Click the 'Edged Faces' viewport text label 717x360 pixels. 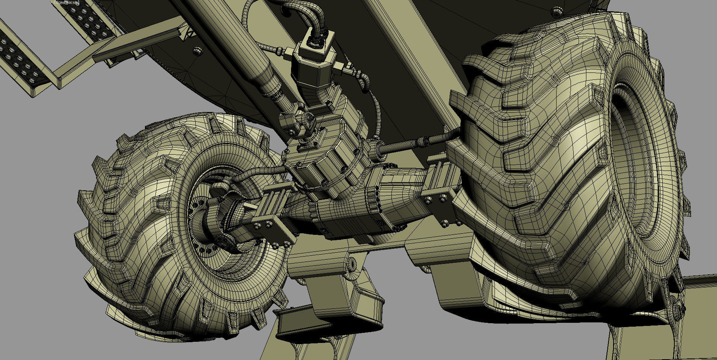click(65, 3)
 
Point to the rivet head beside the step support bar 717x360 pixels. click(197, 50)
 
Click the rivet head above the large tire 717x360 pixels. click(557, 11)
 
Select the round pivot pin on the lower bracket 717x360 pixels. click(351, 265)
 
